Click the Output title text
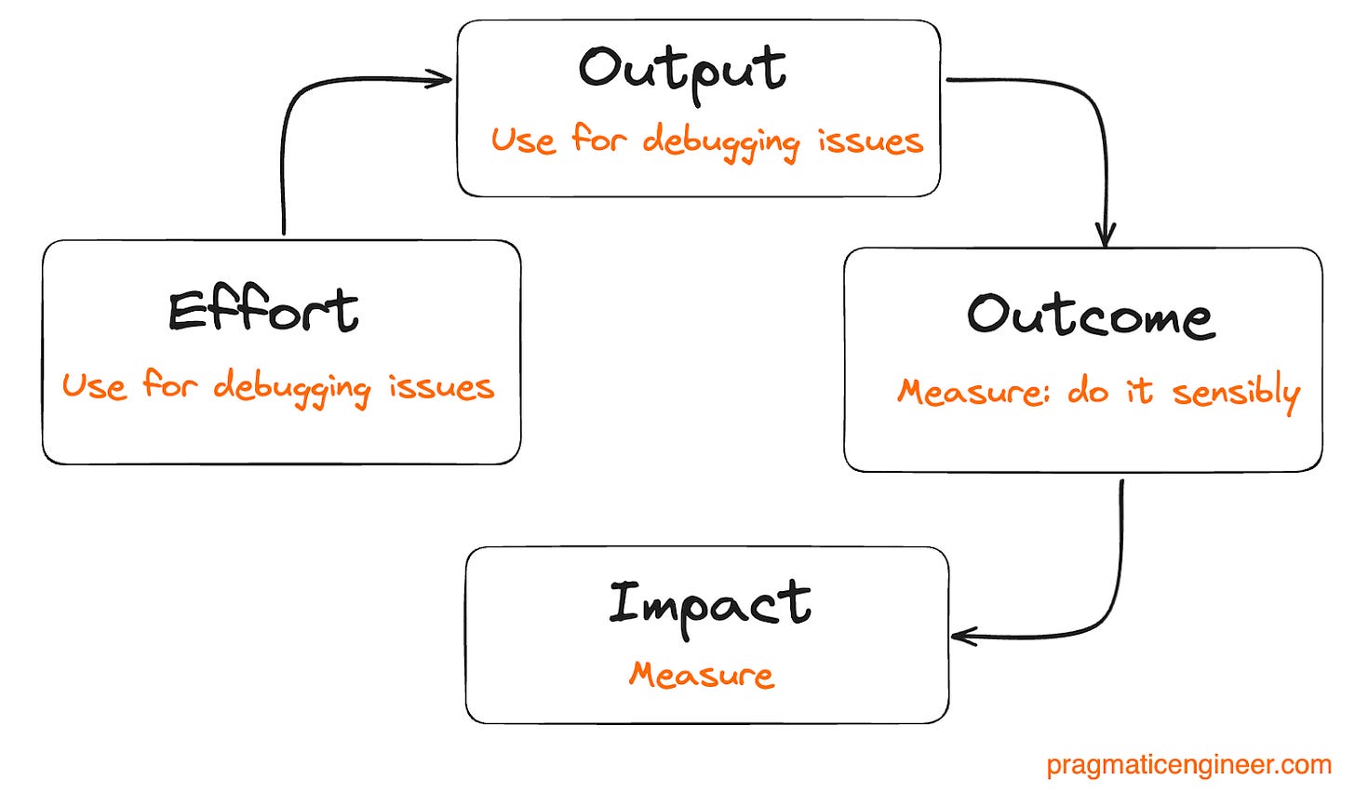(682, 71)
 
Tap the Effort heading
(263, 311)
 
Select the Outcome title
(1090, 316)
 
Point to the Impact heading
(709, 605)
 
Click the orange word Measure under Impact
(701, 675)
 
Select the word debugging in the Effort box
(291, 387)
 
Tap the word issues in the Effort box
(441, 386)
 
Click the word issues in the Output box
(870, 141)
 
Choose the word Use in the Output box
(523, 141)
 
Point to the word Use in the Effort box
(94, 385)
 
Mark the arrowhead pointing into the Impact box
(962, 638)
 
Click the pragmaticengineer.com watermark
(1188, 765)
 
